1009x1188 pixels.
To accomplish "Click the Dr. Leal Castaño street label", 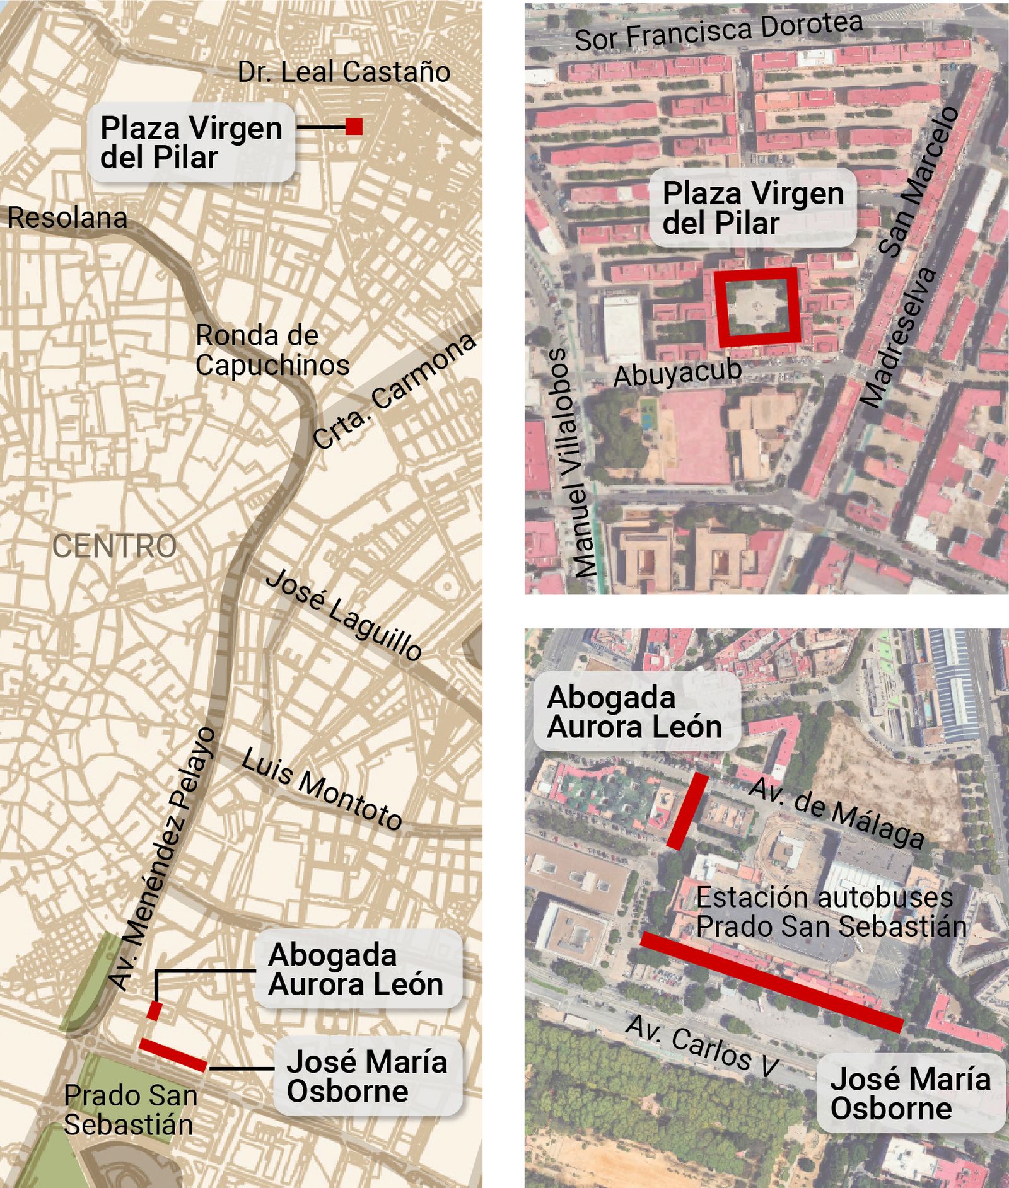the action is (344, 72).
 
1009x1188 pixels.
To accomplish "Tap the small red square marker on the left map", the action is (354, 127).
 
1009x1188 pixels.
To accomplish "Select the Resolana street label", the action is (67, 218).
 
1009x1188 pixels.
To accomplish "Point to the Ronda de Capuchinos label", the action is (272, 350).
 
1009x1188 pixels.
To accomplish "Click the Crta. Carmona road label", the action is (394, 390).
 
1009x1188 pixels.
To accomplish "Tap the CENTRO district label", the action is (114, 546).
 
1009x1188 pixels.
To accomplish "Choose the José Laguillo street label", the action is (344, 614).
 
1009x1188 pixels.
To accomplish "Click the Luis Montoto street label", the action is (322, 788).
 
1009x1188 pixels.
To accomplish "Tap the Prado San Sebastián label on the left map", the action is (129, 1110).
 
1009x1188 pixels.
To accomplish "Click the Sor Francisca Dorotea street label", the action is (718, 32).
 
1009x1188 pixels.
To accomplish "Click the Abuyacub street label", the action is (677, 373).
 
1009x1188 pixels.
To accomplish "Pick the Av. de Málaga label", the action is (837, 813).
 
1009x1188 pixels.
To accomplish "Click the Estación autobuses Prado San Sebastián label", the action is (831, 912).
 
